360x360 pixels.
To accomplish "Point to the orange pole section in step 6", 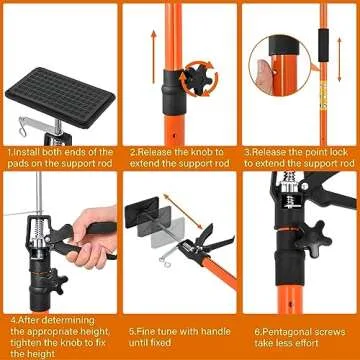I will tap(290, 295).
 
